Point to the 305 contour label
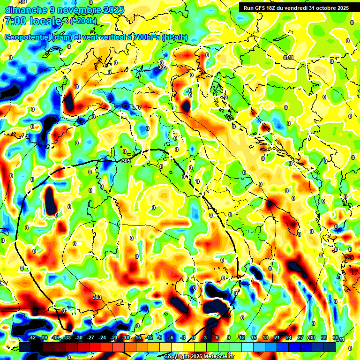[126, 161]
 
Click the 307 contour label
[136, 107]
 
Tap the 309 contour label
[163, 67]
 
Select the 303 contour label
[97, 297]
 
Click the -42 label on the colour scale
[32, 337]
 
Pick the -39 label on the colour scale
[44, 337]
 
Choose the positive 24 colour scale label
[289, 337]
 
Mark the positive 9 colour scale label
[228, 337]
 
